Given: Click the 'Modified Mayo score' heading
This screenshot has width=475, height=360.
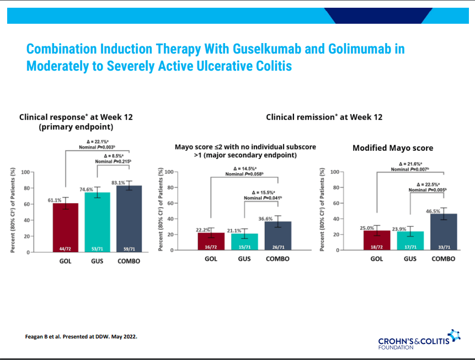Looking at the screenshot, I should point(393,148).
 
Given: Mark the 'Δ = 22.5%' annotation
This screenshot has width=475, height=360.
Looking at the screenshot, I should point(428,184).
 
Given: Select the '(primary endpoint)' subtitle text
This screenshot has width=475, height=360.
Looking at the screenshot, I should point(76,127).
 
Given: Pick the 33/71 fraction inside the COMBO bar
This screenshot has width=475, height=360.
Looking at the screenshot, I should point(443,247).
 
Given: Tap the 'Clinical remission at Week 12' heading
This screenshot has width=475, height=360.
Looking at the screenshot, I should point(324,117).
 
